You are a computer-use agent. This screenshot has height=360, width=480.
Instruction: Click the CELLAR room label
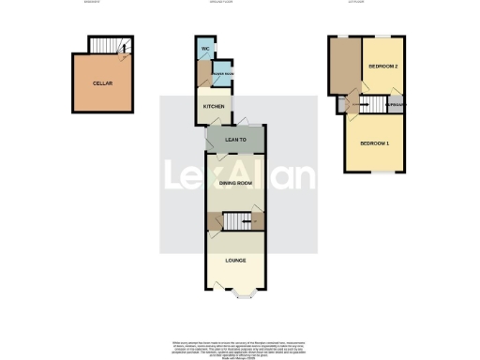click(102, 83)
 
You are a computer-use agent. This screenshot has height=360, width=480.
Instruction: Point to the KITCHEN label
click(214, 107)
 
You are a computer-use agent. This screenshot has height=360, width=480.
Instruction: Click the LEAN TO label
click(235, 141)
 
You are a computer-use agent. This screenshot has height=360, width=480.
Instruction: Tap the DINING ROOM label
click(235, 183)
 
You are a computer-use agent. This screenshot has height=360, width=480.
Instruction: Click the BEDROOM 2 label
click(383, 67)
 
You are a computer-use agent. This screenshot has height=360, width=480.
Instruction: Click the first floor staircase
click(374, 105)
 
